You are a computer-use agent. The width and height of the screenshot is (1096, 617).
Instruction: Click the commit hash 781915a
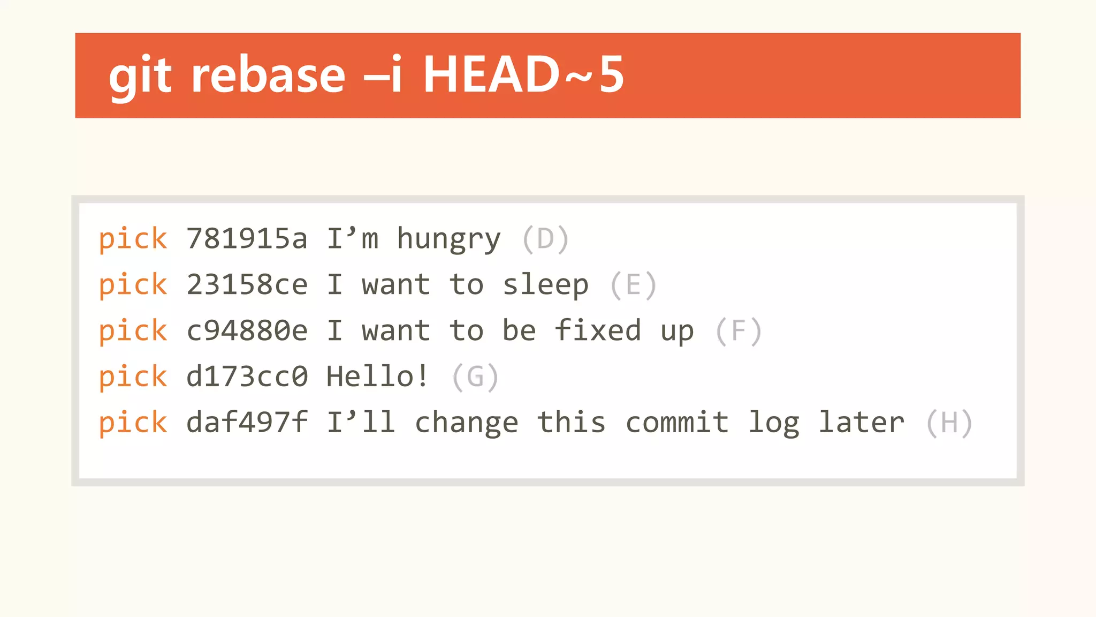click(x=247, y=239)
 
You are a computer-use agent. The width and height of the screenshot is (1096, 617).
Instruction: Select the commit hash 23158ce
click(x=247, y=285)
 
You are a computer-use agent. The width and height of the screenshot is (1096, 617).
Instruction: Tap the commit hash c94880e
click(x=247, y=331)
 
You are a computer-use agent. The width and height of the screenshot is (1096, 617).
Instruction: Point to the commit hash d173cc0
click(x=247, y=377)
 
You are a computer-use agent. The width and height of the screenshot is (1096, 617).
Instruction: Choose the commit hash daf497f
click(x=247, y=423)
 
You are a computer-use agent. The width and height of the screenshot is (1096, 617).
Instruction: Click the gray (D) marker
click(x=545, y=239)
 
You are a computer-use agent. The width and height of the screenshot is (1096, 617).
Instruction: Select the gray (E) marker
click(x=633, y=285)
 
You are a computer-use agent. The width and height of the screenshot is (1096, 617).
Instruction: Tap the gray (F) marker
click(x=739, y=331)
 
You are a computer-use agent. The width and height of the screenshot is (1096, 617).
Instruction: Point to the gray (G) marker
click(x=475, y=377)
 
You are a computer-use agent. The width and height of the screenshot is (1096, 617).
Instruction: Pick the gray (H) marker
click(x=949, y=423)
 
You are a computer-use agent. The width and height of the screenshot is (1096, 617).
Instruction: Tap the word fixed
click(x=598, y=330)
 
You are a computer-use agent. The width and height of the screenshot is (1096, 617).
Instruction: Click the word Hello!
click(x=378, y=377)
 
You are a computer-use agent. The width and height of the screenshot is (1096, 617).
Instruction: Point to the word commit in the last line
click(x=677, y=423)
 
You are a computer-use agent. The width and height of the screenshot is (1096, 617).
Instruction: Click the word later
click(x=862, y=423)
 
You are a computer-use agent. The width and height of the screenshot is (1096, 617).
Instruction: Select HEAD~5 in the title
click(x=523, y=75)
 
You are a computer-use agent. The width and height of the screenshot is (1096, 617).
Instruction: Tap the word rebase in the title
click(x=268, y=75)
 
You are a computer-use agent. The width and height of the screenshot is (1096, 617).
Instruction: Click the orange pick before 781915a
click(x=133, y=239)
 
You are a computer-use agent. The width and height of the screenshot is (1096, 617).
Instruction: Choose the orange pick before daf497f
click(x=133, y=423)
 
